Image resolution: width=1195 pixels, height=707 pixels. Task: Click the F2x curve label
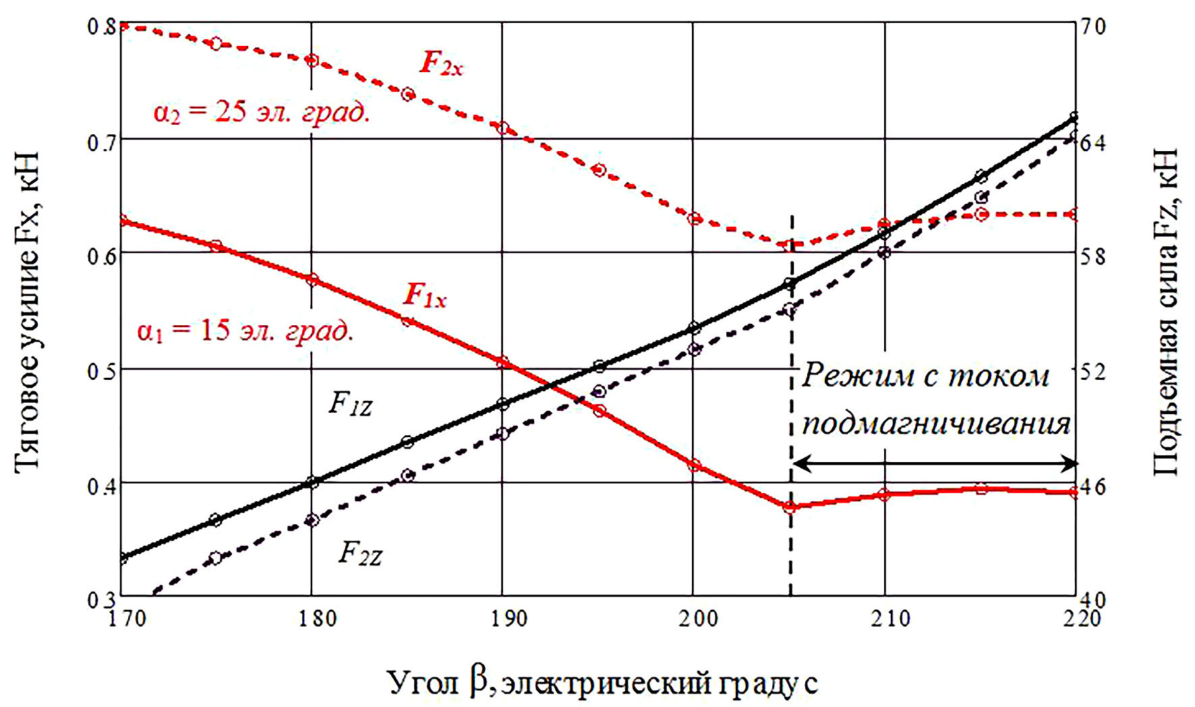(x=442, y=63)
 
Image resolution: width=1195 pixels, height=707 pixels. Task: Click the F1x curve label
(x=425, y=295)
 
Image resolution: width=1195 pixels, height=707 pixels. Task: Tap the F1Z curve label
(x=350, y=403)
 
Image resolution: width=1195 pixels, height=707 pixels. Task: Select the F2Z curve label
(x=360, y=554)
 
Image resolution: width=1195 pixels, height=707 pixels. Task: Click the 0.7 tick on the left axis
(x=101, y=142)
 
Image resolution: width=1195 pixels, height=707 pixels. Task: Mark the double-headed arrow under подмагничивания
(x=934, y=464)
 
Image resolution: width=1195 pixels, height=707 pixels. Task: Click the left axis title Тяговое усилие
(x=27, y=310)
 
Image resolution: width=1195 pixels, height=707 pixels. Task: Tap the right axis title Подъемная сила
(x=1165, y=310)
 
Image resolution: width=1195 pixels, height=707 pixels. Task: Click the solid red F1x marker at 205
(x=790, y=506)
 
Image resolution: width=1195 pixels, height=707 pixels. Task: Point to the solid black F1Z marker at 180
(x=312, y=482)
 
